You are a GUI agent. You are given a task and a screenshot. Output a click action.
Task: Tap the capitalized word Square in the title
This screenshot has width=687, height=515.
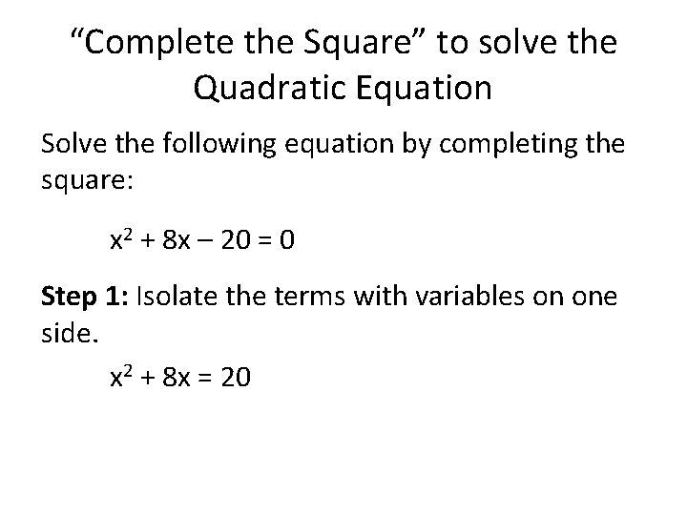click(x=363, y=44)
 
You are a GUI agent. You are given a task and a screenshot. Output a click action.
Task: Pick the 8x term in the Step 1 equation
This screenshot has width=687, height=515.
click(x=175, y=379)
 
